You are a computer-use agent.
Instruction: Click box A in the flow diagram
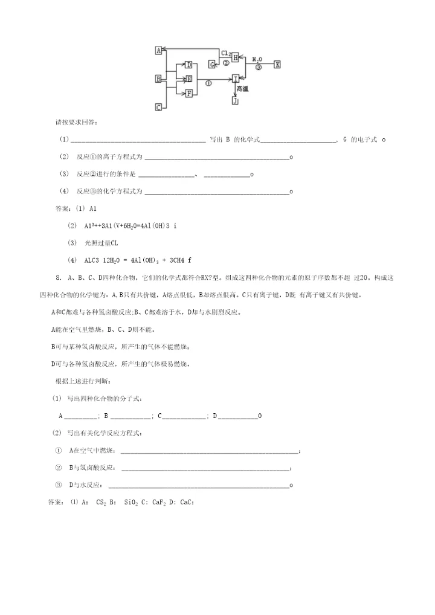coord(158,51)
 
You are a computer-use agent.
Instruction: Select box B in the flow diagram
coord(158,79)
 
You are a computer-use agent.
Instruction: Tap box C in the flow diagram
coord(158,107)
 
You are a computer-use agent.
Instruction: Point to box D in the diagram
coord(188,65)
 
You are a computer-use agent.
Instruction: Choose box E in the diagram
coord(188,79)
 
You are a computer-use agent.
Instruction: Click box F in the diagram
coord(188,93)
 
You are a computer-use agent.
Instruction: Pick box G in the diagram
coord(212,64)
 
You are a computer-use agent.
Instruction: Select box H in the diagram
coord(236,57)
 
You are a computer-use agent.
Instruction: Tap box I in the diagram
coord(236,79)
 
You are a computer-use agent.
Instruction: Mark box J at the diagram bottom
coord(235,101)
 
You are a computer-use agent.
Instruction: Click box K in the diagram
coord(277,64)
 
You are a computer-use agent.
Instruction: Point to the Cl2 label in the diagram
coord(226,53)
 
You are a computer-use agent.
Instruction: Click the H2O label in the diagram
coord(257,59)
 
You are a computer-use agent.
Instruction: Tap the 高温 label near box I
coord(243,89)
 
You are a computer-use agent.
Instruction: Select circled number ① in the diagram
coord(208,83)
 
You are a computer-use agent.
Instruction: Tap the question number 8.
coord(57,278)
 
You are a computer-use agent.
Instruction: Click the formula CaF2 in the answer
coord(158,502)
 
